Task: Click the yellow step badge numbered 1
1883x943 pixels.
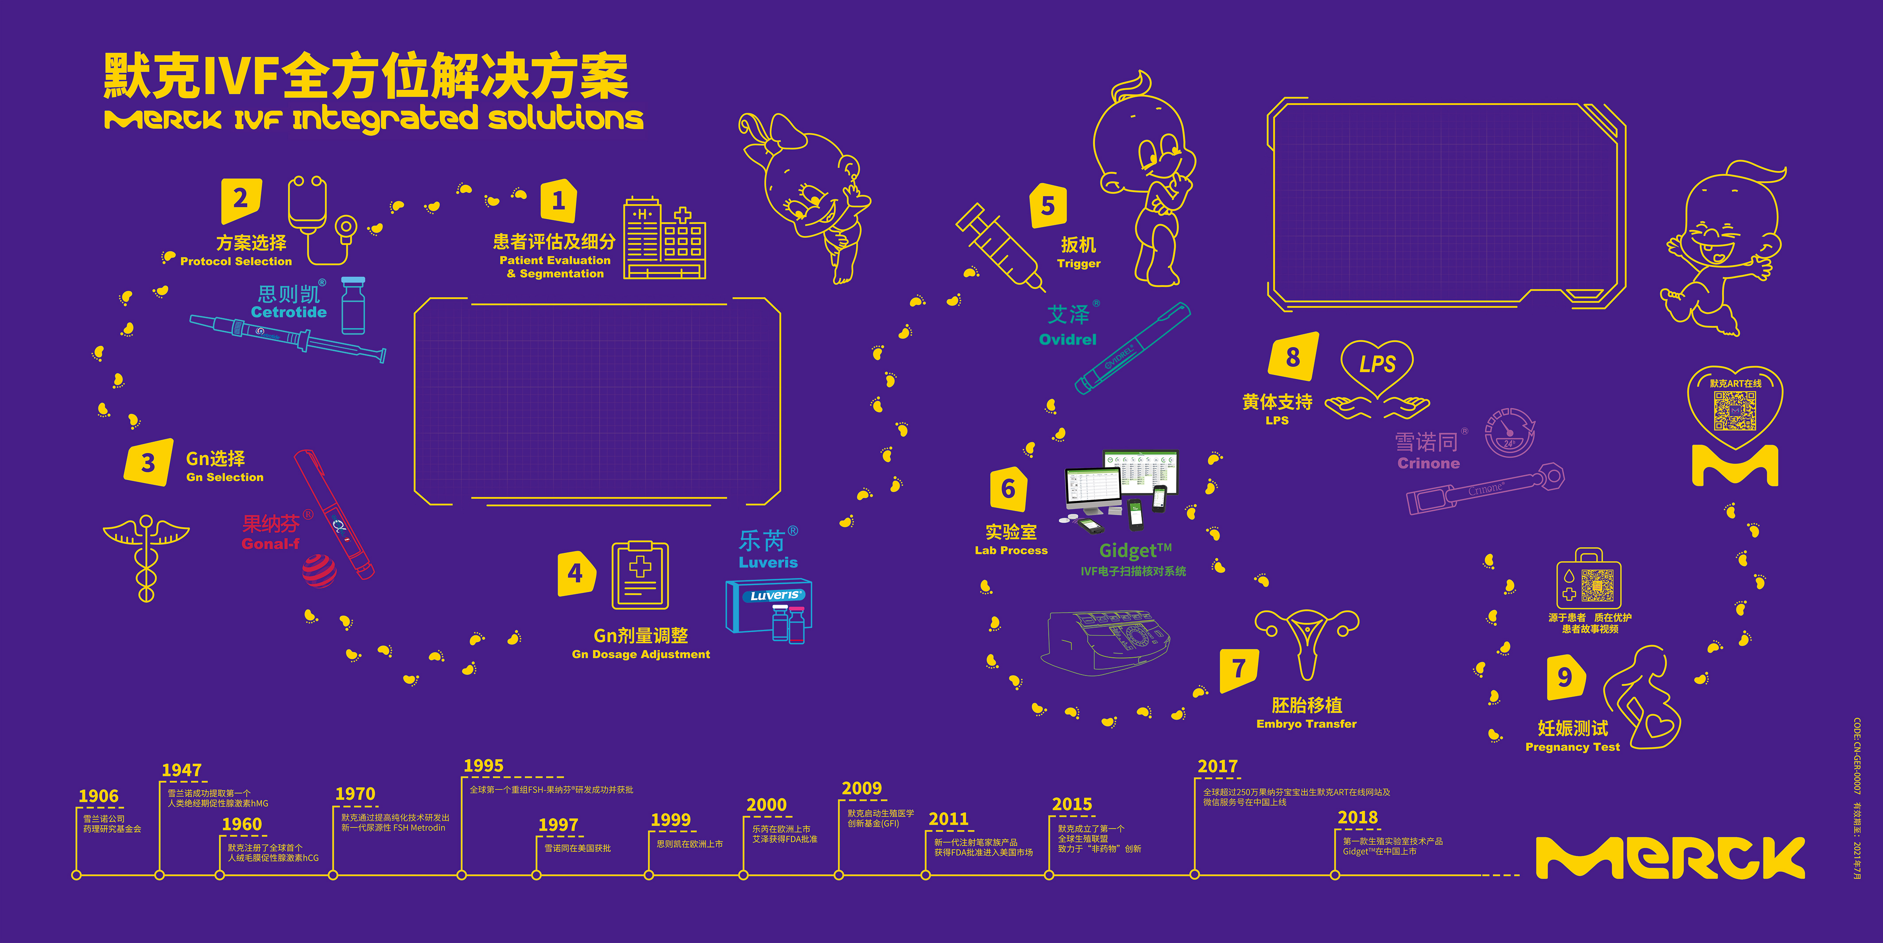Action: (x=558, y=200)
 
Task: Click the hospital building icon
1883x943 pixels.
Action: (x=664, y=239)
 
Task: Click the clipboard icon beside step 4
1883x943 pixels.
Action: (x=639, y=575)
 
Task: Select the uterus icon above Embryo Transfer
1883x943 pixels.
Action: (x=1306, y=640)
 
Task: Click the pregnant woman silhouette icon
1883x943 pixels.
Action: (x=1645, y=698)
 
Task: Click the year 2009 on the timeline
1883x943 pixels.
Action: (x=862, y=788)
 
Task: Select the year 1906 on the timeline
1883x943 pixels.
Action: (x=99, y=796)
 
